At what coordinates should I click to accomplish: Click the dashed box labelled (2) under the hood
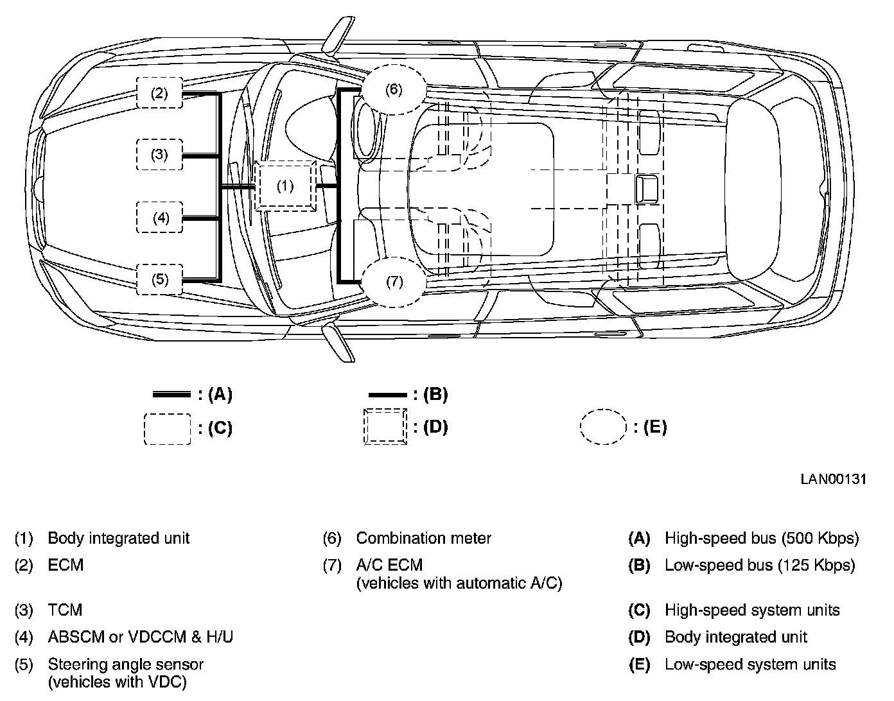(x=159, y=93)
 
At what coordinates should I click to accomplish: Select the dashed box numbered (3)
(x=159, y=155)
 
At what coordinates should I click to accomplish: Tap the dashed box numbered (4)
(x=160, y=218)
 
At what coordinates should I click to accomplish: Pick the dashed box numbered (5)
(x=160, y=279)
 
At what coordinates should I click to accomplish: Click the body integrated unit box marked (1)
(x=285, y=186)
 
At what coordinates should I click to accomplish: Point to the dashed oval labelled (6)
(x=394, y=89)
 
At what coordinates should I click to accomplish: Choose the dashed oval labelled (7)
(x=394, y=282)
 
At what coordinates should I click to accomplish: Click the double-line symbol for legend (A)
(x=171, y=394)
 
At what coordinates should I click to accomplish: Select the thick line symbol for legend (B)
(x=387, y=395)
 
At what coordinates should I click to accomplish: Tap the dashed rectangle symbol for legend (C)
(x=167, y=429)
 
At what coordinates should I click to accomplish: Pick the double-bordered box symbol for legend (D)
(x=385, y=426)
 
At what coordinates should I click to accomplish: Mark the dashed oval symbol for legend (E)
(x=603, y=427)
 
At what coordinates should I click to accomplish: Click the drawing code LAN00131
(x=834, y=479)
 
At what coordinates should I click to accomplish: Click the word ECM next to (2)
(x=66, y=566)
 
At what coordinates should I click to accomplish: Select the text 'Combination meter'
(x=423, y=538)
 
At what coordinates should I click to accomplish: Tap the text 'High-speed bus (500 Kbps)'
(x=761, y=538)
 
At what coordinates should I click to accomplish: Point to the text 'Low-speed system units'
(x=750, y=664)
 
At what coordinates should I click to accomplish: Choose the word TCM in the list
(x=65, y=610)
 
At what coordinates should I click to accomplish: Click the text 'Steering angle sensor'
(x=125, y=664)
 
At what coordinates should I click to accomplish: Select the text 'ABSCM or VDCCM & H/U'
(x=140, y=637)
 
